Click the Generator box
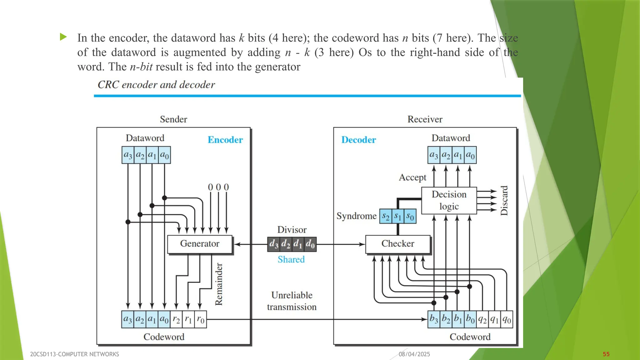point(200,244)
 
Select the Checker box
point(397,244)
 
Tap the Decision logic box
point(449,200)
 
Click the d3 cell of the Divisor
point(274,244)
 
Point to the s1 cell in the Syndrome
point(397,216)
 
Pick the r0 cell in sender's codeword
point(200,319)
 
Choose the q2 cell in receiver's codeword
point(482,319)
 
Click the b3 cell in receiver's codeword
point(434,319)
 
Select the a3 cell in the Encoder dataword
point(128,155)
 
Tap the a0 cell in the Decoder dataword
point(470,155)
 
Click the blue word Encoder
point(225,140)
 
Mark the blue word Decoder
point(358,140)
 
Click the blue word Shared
point(291,259)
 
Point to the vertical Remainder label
point(219,284)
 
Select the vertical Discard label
point(504,201)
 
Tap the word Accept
point(412,177)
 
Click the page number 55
point(606,354)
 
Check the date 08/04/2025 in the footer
point(414,354)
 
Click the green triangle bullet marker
point(63,37)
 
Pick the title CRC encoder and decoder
point(156,85)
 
